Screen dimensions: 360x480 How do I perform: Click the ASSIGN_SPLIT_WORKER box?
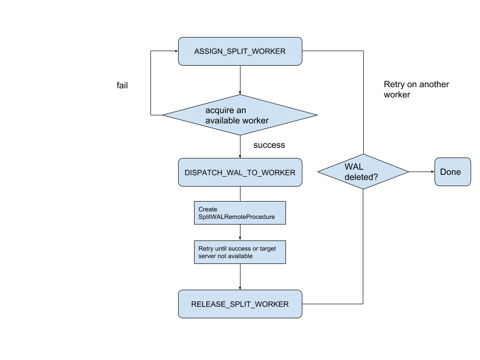pos(240,51)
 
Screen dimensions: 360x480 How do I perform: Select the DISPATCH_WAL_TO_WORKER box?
pos(240,172)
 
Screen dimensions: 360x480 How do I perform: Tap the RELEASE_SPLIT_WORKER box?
pos(240,304)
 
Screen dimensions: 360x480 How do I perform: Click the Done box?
pos(452,172)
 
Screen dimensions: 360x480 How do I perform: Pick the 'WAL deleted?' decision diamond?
pos(363,172)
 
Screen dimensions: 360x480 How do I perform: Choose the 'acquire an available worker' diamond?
pos(240,115)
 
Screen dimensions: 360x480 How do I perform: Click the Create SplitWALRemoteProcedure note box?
pos(240,213)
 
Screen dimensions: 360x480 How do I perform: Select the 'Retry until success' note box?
pos(240,252)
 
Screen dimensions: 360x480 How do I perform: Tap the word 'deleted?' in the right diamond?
pos(361,178)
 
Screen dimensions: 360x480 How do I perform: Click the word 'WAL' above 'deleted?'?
pos(354,167)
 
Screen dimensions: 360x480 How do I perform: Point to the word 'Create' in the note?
pos(208,209)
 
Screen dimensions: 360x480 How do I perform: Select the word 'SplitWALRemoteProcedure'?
pos(236,217)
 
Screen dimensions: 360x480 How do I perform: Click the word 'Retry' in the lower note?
pos(205,248)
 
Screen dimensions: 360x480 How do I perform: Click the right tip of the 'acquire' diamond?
pos(315,115)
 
